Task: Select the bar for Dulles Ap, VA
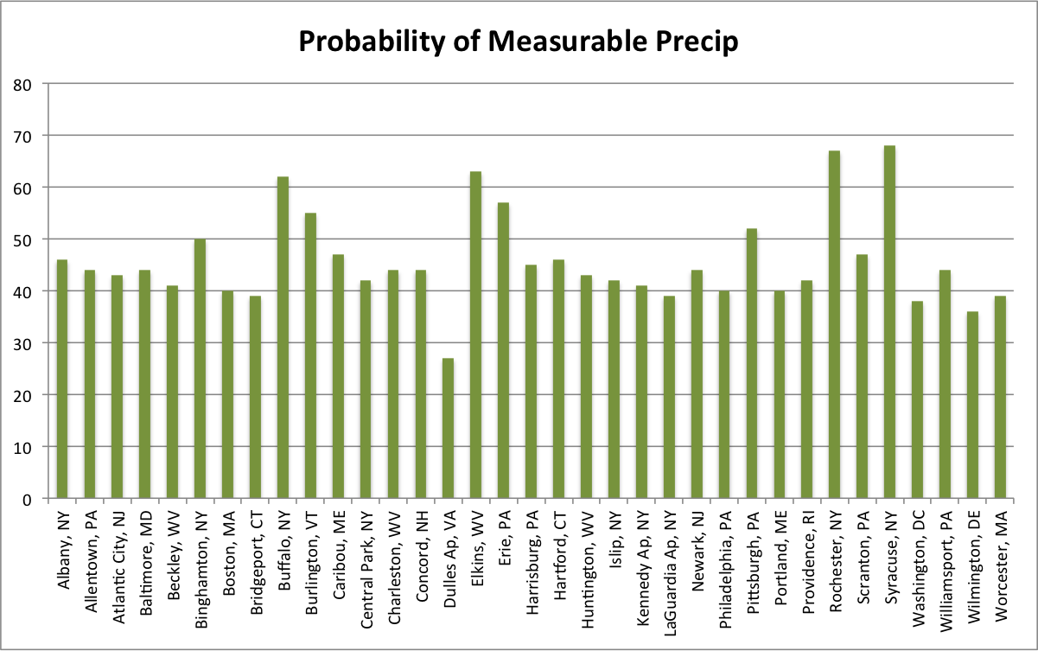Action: coord(448,428)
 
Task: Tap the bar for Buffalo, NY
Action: coord(283,337)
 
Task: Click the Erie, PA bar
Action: coord(503,350)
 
